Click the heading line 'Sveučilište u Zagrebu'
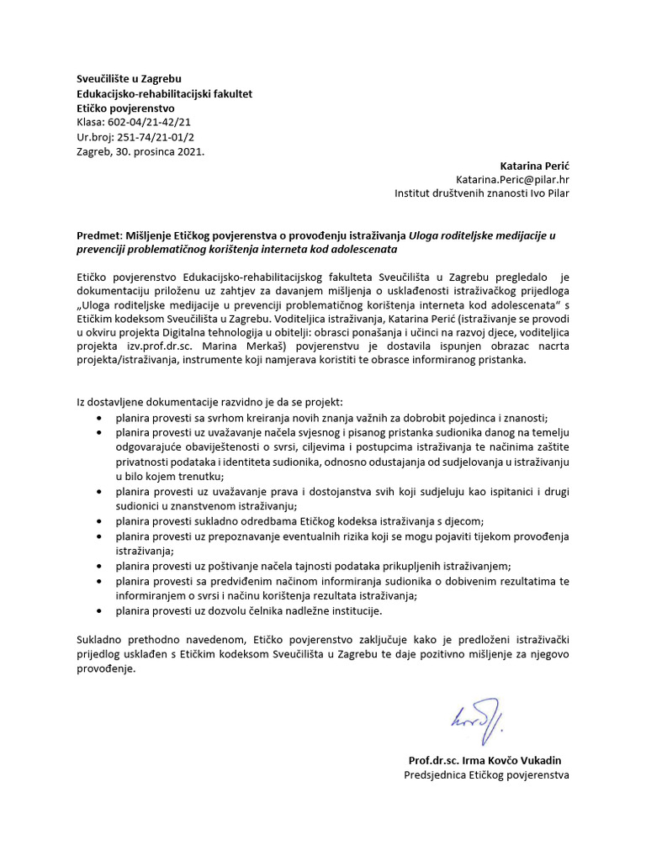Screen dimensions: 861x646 (x=129, y=79)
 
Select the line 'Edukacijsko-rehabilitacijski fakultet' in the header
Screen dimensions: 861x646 (x=164, y=93)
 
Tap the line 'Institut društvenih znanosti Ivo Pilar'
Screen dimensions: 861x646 (x=482, y=193)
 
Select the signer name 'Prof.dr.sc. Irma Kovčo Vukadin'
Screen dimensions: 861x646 (x=489, y=760)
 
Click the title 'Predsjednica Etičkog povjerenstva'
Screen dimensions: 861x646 (x=487, y=774)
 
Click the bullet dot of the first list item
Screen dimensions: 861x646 (x=101, y=418)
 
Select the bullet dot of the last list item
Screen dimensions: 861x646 (x=101, y=610)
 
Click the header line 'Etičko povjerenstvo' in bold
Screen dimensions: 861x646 (x=125, y=108)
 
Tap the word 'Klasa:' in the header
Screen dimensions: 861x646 (x=91, y=122)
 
